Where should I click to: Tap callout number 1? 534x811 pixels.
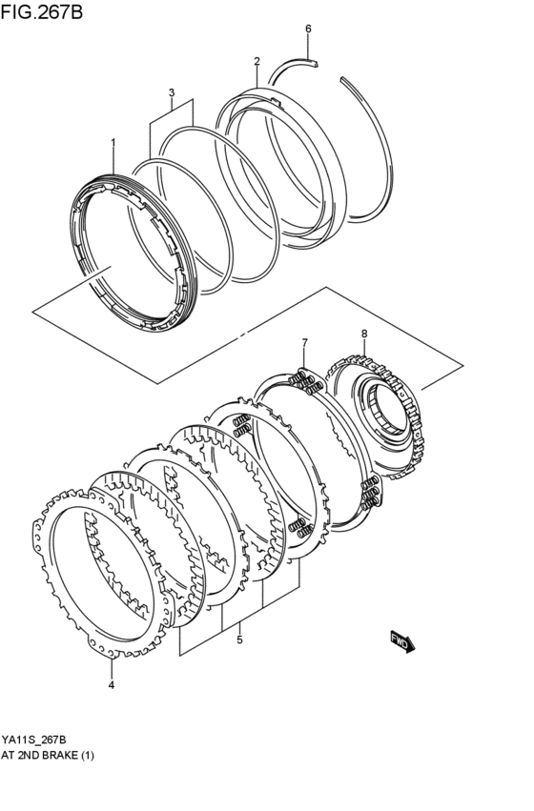coord(113,143)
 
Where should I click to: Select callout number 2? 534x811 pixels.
coord(257,62)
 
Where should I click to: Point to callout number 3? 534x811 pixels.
coord(172,92)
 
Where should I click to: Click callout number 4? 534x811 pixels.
coord(111,684)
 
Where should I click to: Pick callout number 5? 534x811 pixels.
coord(239,639)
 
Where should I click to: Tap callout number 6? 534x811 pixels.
coord(308,29)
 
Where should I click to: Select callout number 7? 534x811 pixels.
coord(304,342)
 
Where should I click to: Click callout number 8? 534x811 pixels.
coord(363,333)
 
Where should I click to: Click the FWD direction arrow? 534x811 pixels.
coord(400,644)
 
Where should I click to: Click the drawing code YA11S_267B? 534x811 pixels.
coord(33,740)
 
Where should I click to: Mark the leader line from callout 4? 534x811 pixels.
coord(111,665)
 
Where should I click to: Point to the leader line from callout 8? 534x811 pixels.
coord(363,351)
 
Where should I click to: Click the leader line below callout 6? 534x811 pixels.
coord(308,47)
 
